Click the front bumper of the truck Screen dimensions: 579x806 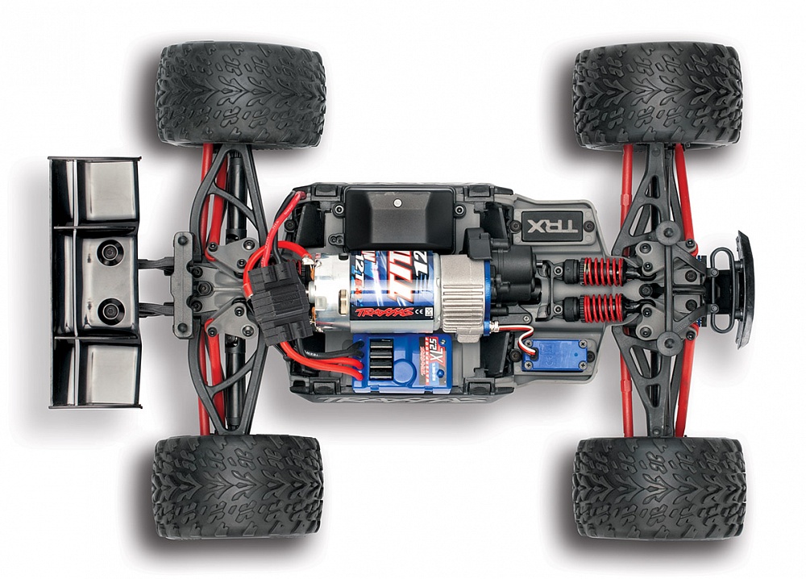click(741, 289)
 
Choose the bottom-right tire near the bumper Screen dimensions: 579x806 click(659, 488)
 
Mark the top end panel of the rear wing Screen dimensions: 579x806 click(95, 190)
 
